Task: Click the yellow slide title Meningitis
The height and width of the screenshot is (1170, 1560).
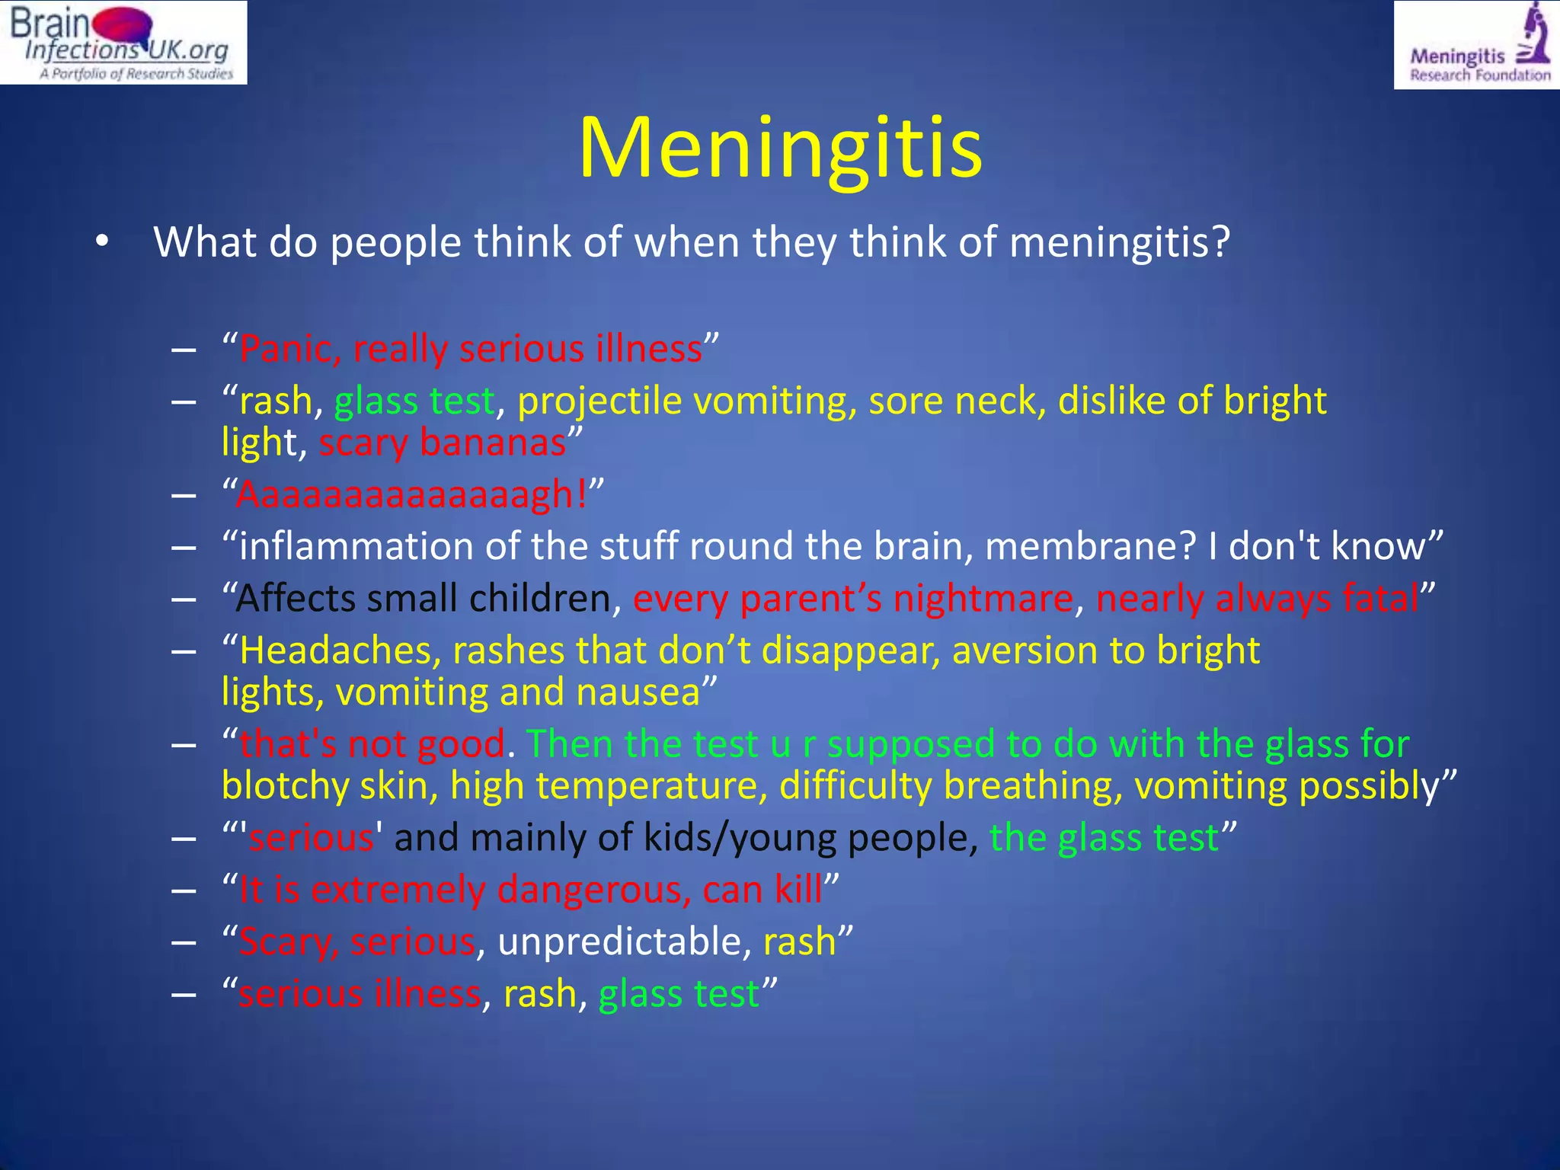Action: [x=780, y=148]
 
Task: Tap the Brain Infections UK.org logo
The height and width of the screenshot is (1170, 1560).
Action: [x=123, y=42]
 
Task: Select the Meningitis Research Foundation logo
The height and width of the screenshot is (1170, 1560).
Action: [x=1477, y=45]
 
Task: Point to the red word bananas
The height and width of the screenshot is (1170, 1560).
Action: [x=493, y=443]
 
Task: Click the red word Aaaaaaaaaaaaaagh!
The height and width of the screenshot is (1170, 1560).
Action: [x=412, y=494]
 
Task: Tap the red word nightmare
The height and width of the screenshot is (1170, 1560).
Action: [x=983, y=599]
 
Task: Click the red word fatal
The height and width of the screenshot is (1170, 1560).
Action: [x=1379, y=599]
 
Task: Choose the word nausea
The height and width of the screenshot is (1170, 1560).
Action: [x=638, y=692]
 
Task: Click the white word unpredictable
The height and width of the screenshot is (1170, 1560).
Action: [x=619, y=942]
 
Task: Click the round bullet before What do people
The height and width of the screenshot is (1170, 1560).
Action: [x=102, y=242]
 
